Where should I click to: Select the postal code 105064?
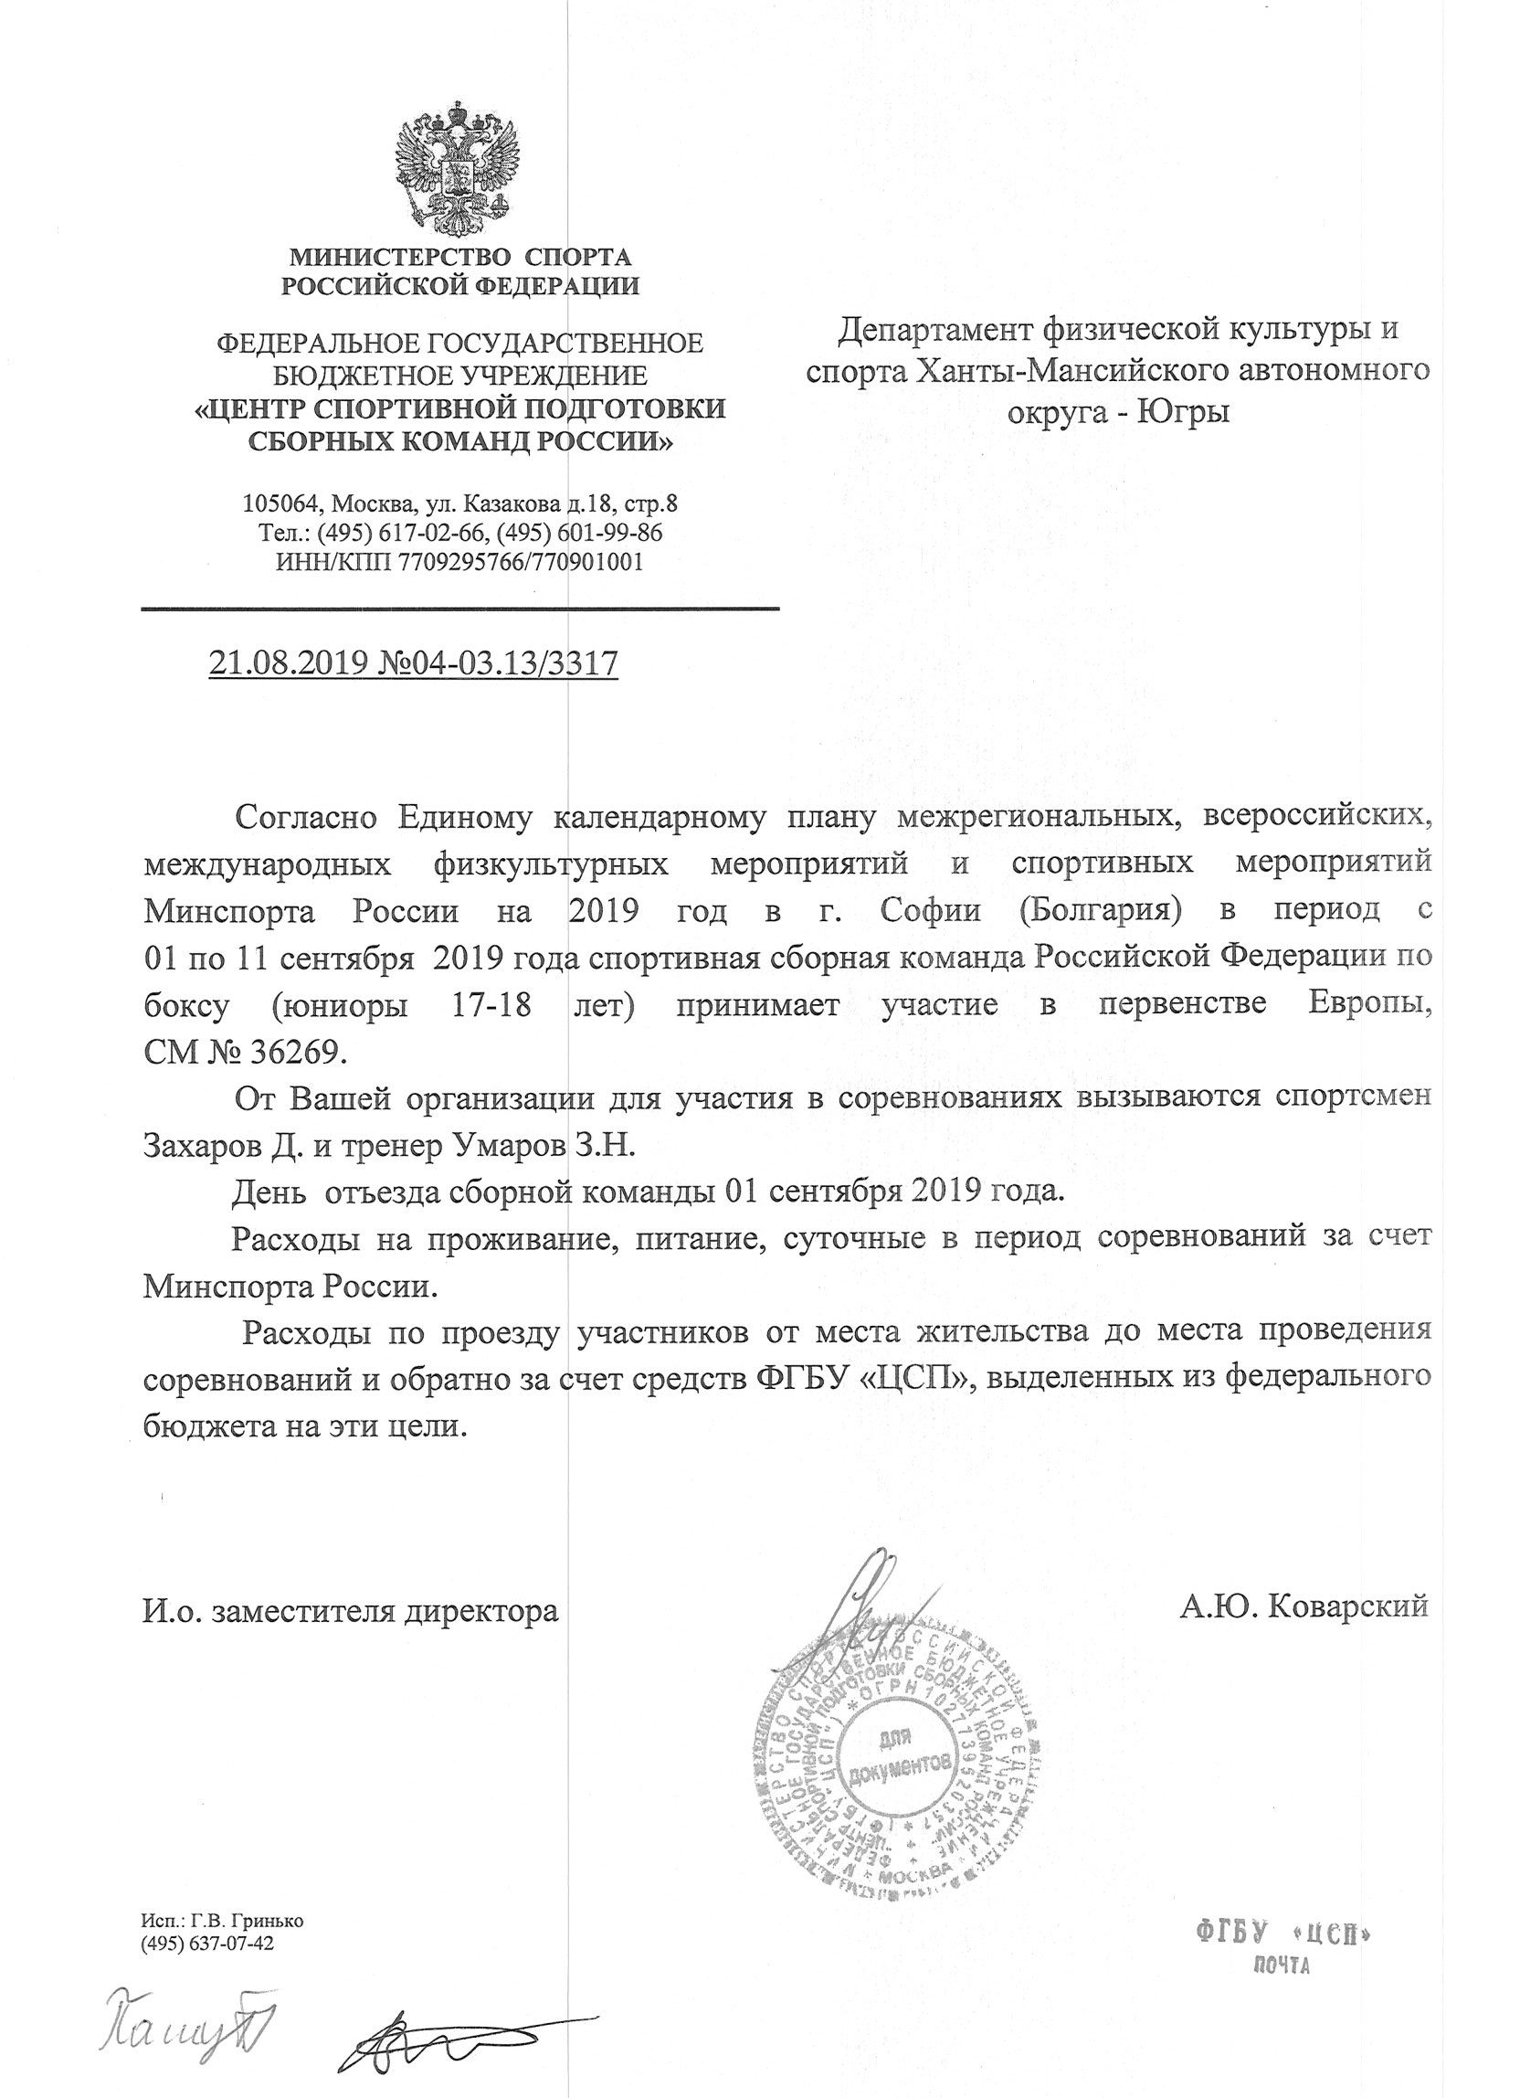point(282,504)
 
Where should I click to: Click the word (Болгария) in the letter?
point(1099,910)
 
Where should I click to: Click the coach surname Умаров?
point(516,1145)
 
